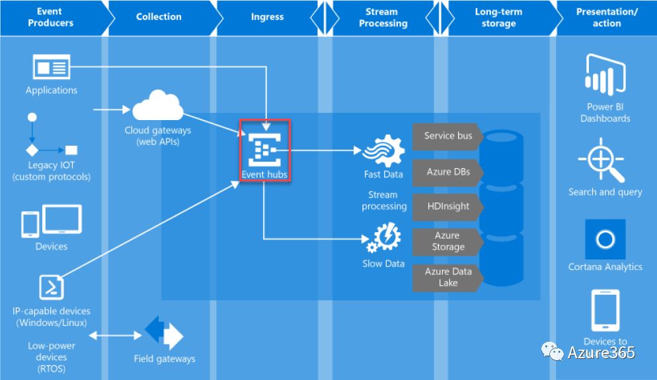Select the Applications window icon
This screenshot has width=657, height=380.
click(x=52, y=68)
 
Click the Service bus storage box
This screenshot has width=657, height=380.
click(x=448, y=136)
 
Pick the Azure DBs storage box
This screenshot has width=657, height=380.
click(x=448, y=172)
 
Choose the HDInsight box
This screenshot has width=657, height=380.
click(x=448, y=206)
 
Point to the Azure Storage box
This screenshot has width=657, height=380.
click(x=448, y=241)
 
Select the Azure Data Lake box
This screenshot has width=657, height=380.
click(x=448, y=277)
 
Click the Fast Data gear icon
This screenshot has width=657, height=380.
click(x=384, y=152)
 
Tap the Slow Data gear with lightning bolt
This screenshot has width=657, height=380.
click(x=384, y=239)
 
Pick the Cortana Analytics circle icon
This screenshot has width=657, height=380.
click(x=605, y=239)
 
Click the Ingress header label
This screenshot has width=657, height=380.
click(x=267, y=17)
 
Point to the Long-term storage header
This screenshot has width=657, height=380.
click(x=498, y=18)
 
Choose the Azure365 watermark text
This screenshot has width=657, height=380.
click(x=601, y=353)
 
